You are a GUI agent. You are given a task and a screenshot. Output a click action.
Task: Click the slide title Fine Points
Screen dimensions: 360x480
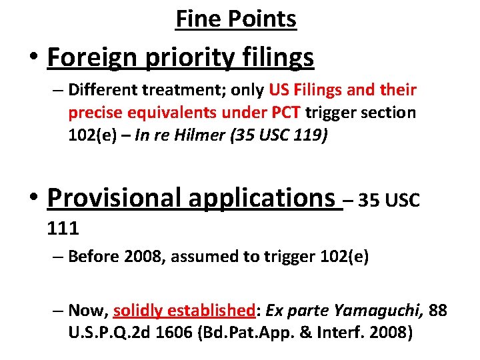click(236, 19)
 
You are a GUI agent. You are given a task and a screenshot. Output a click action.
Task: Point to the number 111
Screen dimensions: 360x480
click(63, 229)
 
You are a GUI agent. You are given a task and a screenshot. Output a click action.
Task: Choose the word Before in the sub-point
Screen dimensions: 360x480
click(93, 256)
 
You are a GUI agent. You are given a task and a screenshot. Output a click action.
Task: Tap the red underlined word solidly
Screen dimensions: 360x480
click(138, 310)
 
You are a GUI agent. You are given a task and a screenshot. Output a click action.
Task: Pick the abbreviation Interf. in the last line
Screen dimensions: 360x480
click(385, 333)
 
